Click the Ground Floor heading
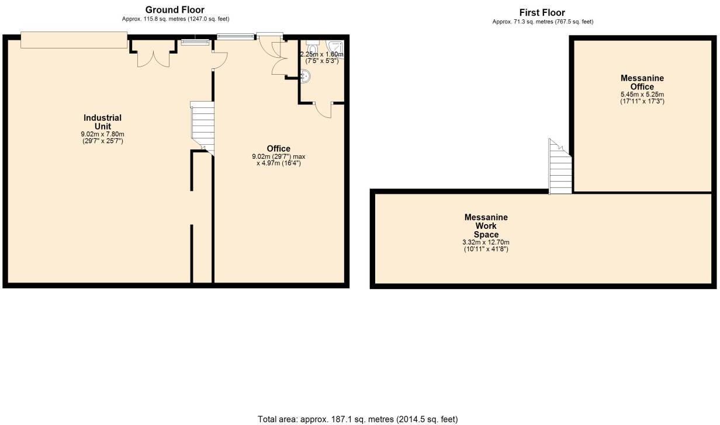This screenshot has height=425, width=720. pos(175,9)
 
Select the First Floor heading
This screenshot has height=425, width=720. pos(542,12)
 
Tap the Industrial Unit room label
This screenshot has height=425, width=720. pos(103,122)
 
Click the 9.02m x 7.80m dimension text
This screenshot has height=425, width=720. pos(103,134)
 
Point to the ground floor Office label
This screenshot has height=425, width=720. pos(278,148)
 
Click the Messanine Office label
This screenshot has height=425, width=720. pos(642,82)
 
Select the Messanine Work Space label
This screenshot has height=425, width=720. pos(486,226)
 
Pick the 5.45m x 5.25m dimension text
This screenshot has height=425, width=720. pos(642,94)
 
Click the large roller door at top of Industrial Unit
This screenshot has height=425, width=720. pos(74,40)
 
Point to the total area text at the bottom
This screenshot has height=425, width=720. pos(358,419)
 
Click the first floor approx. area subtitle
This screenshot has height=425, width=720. pos(542,22)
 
